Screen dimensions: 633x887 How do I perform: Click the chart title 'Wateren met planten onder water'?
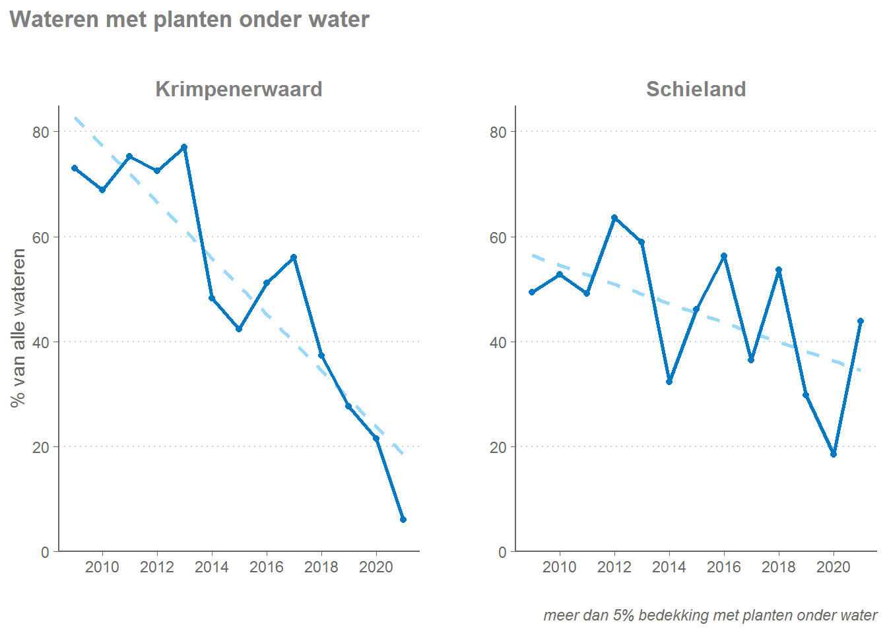tap(189, 20)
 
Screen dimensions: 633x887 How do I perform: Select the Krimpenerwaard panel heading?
tap(239, 89)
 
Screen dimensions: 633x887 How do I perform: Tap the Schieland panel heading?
tap(696, 89)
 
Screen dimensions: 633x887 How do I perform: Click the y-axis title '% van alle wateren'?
tap(18, 328)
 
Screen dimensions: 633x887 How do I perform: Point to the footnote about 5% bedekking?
tap(710, 615)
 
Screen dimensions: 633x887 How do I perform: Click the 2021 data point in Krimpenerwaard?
tap(403, 520)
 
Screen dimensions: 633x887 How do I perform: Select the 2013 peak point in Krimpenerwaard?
tap(184, 147)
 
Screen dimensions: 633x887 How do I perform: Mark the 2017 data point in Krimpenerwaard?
tap(294, 257)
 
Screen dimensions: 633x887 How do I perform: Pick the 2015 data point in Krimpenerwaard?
tap(239, 328)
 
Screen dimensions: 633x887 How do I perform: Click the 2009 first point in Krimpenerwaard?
tap(75, 168)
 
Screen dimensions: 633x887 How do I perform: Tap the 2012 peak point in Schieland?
tap(614, 218)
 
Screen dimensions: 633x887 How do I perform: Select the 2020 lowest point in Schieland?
tap(834, 454)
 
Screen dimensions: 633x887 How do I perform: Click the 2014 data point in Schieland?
tap(669, 382)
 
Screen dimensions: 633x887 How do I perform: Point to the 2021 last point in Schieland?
tap(861, 321)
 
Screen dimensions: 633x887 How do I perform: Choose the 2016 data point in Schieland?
tap(724, 256)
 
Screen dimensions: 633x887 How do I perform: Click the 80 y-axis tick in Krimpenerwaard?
tap(41, 132)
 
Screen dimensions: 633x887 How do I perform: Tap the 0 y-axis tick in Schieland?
tap(503, 552)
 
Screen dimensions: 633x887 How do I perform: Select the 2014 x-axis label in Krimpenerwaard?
tap(212, 567)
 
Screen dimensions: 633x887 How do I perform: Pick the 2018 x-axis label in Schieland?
tap(779, 567)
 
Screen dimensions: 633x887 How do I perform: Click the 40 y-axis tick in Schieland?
tap(498, 342)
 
